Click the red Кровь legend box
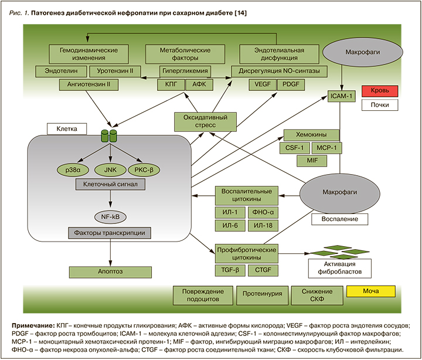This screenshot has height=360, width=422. (x=380, y=91)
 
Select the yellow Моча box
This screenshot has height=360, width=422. (x=371, y=291)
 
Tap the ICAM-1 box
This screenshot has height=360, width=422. (x=341, y=95)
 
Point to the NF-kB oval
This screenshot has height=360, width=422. (x=111, y=217)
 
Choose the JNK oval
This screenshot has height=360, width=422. (x=110, y=169)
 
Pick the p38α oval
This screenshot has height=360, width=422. (x=74, y=169)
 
